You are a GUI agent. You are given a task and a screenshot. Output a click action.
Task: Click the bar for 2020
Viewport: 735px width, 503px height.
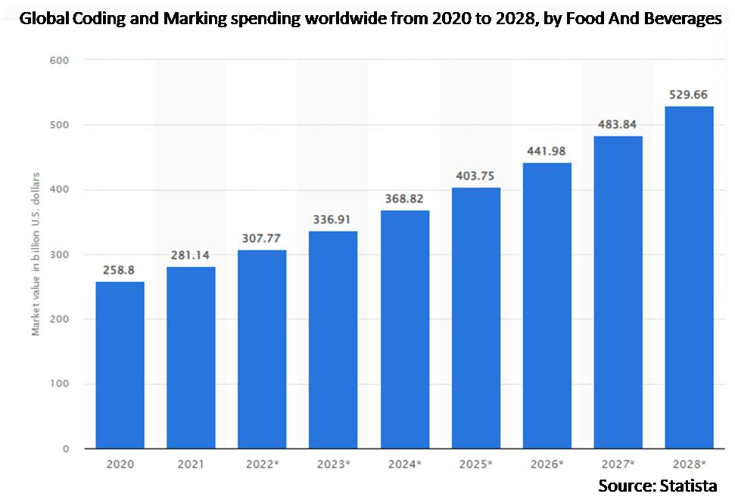coord(120,365)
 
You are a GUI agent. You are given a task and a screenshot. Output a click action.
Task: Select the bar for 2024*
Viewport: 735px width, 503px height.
coord(405,330)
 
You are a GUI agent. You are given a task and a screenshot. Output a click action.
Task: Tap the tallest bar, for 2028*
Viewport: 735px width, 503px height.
coord(689,278)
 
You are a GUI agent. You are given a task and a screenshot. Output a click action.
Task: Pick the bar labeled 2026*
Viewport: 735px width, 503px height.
coord(547,306)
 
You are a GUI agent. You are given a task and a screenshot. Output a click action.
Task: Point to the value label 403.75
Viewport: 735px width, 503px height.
coord(476,175)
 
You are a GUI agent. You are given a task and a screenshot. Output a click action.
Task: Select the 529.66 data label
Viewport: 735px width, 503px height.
coord(689,95)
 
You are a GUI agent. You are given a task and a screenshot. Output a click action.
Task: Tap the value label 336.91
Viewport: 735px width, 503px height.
coord(334,219)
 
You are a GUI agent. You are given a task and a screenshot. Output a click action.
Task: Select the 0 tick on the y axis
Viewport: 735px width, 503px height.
coord(66,449)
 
